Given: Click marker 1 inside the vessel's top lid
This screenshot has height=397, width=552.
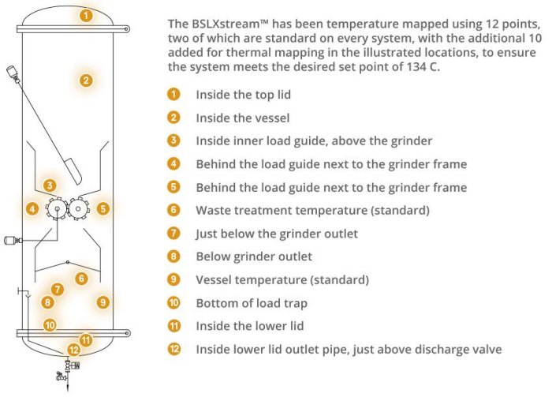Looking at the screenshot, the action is [x=86, y=16].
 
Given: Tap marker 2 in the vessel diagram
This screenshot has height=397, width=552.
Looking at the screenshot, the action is [x=86, y=81].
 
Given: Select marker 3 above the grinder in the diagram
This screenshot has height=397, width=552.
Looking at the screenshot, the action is [x=50, y=185].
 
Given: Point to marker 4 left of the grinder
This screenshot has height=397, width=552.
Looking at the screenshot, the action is [x=32, y=209].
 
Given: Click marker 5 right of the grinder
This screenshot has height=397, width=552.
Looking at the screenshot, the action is [x=103, y=208].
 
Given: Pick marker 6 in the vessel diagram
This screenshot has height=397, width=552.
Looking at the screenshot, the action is [x=81, y=279].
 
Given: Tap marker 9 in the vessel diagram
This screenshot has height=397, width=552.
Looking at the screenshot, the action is [x=103, y=301].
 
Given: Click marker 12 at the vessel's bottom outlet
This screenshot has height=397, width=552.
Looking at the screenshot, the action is [x=73, y=350].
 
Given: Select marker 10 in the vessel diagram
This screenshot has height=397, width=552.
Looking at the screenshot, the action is [x=50, y=325].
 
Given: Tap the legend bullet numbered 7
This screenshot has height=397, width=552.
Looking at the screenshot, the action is [x=173, y=233].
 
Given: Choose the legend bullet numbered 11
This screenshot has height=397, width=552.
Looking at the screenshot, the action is [x=173, y=326].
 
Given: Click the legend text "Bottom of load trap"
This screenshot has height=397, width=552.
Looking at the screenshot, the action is [x=252, y=303].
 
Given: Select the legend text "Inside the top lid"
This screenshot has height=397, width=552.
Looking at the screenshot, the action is [x=243, y=95].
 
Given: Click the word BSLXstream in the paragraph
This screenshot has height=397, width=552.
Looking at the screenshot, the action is [x=230, y=24].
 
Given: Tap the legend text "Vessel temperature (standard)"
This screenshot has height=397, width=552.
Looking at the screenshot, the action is [x=282, y=279].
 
